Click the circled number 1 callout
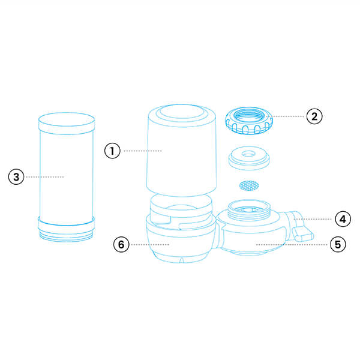click(112, 151)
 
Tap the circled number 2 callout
click(314, 116)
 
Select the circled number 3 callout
click(16, 177)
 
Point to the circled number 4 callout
click(343, 219)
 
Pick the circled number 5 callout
click(338, 244)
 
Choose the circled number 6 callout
click(121, 244)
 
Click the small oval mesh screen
click(249, 185)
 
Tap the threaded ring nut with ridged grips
click(249, 121)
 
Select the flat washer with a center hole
click(249, 158)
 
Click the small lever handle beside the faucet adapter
click(303, 235)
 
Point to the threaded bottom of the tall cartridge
click(66, 237)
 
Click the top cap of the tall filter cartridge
click(67, 123)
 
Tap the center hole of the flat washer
click(248, 154)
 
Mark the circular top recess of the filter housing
click(182, 112)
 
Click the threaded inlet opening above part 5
click(250, 209)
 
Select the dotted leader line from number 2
click(289, 116)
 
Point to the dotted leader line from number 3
click(45, 177)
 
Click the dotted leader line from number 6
click(150, 245)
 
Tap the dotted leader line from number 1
click(143, 151)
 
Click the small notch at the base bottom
click(182, 260)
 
